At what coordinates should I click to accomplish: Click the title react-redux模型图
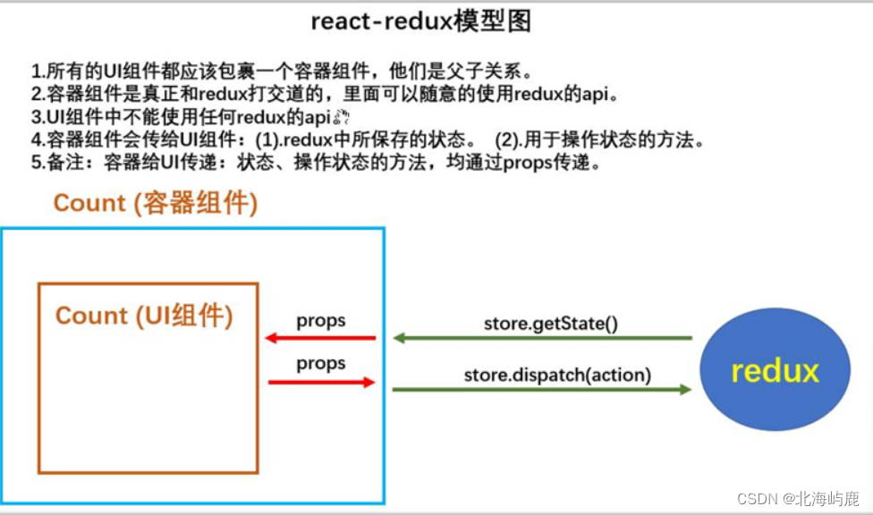[420, 22]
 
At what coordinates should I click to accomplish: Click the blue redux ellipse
[775, 370]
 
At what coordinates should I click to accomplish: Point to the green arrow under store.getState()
[543, 338]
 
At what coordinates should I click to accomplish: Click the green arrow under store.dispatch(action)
[543, 389]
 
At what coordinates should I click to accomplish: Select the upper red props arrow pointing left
[320, 338]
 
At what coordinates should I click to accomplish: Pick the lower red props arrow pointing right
[320, 382]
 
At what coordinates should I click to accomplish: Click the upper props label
[321, 321]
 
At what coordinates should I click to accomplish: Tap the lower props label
[321, 363]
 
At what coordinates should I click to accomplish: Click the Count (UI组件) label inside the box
[144, 316]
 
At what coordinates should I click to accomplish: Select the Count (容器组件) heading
[156, 203]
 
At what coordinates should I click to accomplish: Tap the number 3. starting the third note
[37, 117]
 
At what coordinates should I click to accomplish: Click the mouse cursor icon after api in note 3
[339, 118]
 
